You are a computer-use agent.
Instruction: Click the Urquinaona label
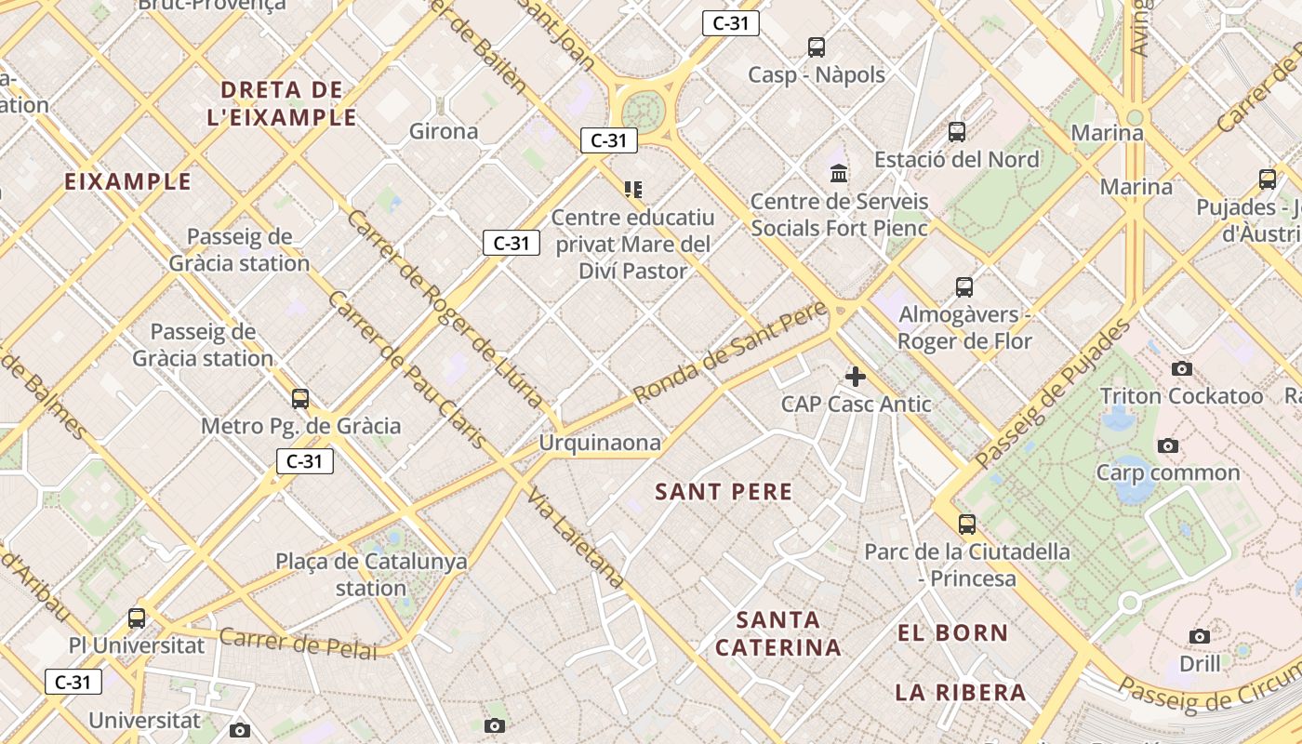coord(600,443)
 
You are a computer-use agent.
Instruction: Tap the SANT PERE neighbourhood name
coord(724,492)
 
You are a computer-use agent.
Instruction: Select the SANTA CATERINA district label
coord(778,633)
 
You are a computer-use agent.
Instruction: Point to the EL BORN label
coord(952,633)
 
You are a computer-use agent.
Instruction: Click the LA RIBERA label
coord(961,692)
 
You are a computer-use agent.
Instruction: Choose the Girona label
coord(444,131)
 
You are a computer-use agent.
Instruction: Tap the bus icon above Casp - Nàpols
coord(817,47)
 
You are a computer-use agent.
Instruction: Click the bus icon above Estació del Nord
coord(957,132)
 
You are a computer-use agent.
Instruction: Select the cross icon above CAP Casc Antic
coord(856,377)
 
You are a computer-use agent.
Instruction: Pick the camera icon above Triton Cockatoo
coord(1182,369)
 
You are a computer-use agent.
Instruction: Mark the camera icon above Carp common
coord(1168,445)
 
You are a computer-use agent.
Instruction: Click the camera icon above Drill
coord(1200,637)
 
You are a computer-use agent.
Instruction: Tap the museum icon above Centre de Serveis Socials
coord(839,174)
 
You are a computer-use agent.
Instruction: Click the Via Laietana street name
coord(576,538)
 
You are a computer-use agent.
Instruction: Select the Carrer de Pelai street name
coord(299,643)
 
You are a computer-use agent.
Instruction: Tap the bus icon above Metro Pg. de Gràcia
coord(300,399)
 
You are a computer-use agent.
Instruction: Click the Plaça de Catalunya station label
coord(371,575)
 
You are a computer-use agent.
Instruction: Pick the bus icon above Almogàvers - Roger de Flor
coord(964,287)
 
